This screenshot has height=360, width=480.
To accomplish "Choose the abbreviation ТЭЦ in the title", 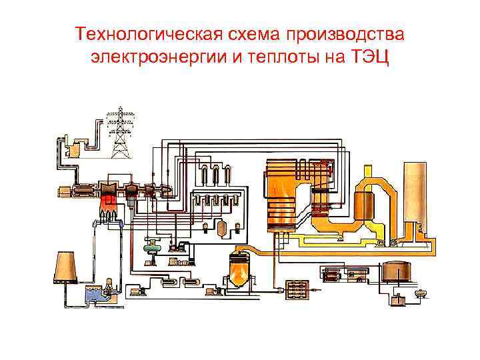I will pos(361,59).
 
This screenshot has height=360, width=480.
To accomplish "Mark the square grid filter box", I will pos(295,289).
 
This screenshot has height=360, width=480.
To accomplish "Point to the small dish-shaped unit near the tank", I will pos(420,293).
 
